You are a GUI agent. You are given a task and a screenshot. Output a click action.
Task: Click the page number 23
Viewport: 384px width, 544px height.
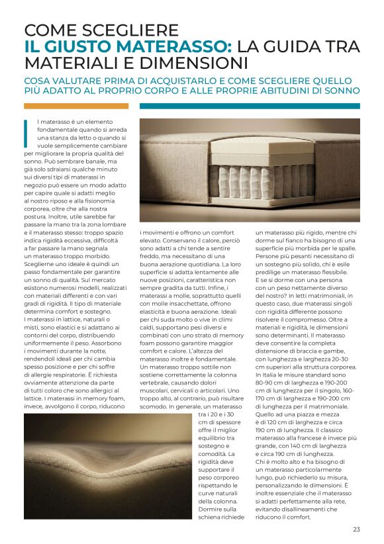pyautogui.click(x=356, y=529)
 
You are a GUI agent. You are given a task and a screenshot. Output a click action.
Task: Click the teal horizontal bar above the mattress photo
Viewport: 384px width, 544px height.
pyautogui.click(x=250, y=106)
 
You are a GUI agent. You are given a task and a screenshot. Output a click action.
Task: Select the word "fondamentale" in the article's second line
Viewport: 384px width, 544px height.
pyautogui.click(x=58, y=130)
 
